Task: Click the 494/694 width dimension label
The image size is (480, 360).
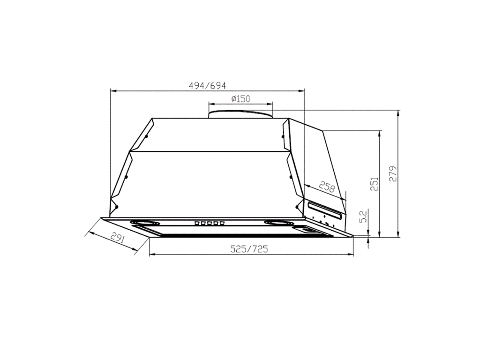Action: [207, 86]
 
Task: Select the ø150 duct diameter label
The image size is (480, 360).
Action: [240, 98]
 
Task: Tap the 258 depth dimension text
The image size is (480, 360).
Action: [326, 187]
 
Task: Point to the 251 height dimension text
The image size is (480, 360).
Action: [374, 184]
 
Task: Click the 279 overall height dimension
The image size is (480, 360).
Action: [393, 173]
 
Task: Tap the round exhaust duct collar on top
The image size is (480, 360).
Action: [240, 114]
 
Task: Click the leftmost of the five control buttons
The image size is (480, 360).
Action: [197, 224]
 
